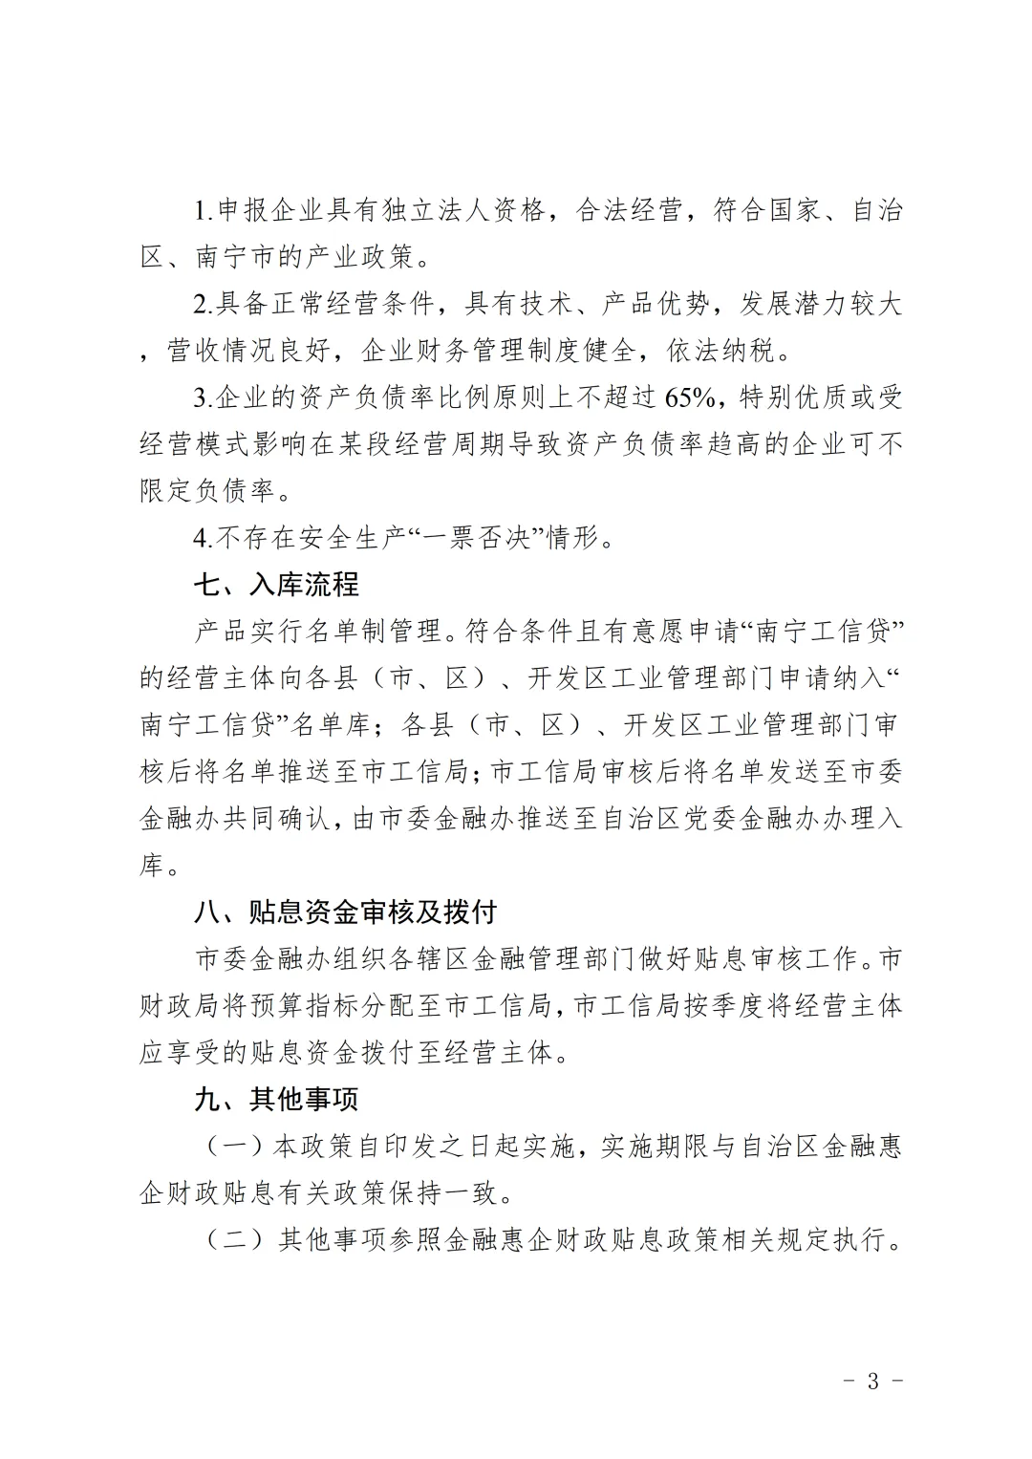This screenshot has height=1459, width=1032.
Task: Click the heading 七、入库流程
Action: (x=276, y=584)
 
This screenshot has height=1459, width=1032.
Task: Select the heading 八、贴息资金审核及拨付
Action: (x=345, y=912)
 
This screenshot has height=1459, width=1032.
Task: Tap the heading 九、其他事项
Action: (x=276, y=1099)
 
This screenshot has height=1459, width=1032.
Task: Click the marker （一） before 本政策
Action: (x=234, y=1147)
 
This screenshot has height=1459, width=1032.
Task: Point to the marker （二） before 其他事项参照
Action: (x=234, y=1240)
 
